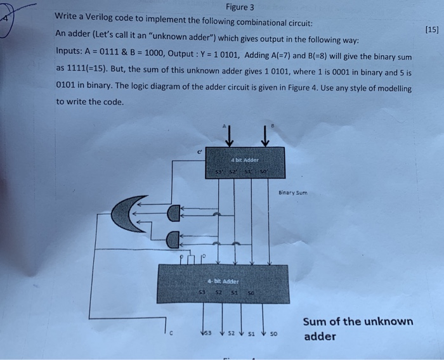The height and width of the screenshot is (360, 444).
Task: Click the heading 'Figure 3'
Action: pos(239,8)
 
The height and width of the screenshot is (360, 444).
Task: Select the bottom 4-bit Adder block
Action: pos(223,283)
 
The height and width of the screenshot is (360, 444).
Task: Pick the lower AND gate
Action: pos(173,240)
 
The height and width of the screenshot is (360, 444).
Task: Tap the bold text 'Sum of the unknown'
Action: pos(358,321)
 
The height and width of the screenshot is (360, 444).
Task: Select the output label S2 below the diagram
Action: pos(231,331)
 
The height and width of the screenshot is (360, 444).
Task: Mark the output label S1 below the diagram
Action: pos(253,331)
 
